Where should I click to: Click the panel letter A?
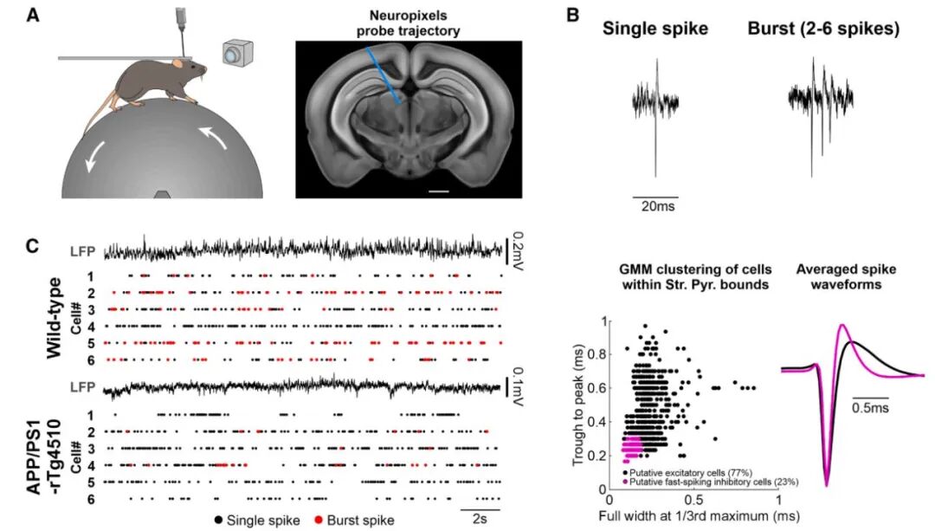tap(34, 15)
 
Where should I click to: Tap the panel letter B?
tap(572, 15)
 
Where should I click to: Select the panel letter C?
tap(34, 245)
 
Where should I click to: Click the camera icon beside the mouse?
tap(238, 53)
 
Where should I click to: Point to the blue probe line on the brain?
tap(384, 75)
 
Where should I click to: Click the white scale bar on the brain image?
tap(438, 191)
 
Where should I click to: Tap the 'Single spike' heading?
tap(654, 29)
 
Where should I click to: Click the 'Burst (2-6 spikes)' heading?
tap(823, 29)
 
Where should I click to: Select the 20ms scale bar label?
tap(658, 206)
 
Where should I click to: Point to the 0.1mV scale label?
tap(516, 387)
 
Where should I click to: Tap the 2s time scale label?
tap(480, 519)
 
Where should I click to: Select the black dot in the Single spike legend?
tap(219, 521)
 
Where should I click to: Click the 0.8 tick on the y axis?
tap(596, 354)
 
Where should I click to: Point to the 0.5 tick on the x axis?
tap(694, 498)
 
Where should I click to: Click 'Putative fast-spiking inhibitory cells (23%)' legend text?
tap(713, 482)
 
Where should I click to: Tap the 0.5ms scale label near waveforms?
tap(869, 408)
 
